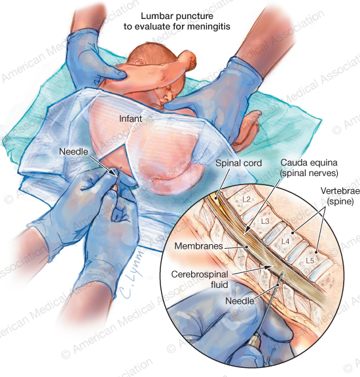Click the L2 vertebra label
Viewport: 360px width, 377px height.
tap(247, 199)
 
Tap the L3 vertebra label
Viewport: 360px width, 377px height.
tap(265, 221)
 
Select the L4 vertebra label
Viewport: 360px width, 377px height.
tap(285, 241)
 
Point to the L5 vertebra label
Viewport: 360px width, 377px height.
tap(310, 260)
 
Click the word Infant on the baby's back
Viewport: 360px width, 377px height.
tap(130, 118)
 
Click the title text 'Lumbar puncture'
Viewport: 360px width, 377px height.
tap(177, 16)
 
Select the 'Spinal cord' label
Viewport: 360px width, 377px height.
tap(238, 163)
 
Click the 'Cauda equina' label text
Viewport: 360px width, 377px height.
tap(309, 162)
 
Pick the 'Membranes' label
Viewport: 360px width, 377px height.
tap(198, 245)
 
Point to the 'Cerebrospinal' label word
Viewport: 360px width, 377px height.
tap(200, 274)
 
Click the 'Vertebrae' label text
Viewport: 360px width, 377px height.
tap(340, 191)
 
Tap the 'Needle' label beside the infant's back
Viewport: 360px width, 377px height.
tap(73, 151)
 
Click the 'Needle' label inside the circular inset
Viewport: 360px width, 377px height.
tap(240, 301)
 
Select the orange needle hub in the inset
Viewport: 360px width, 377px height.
tap(254, 342)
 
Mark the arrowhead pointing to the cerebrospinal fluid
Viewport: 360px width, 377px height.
tap(268, 267)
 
